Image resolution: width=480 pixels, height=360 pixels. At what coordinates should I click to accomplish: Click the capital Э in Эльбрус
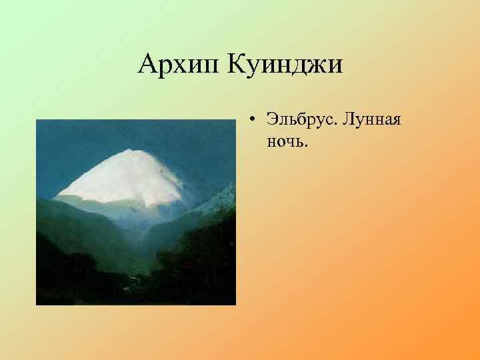click(272, 121)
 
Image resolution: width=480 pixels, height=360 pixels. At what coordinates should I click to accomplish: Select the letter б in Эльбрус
click(297, 121)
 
